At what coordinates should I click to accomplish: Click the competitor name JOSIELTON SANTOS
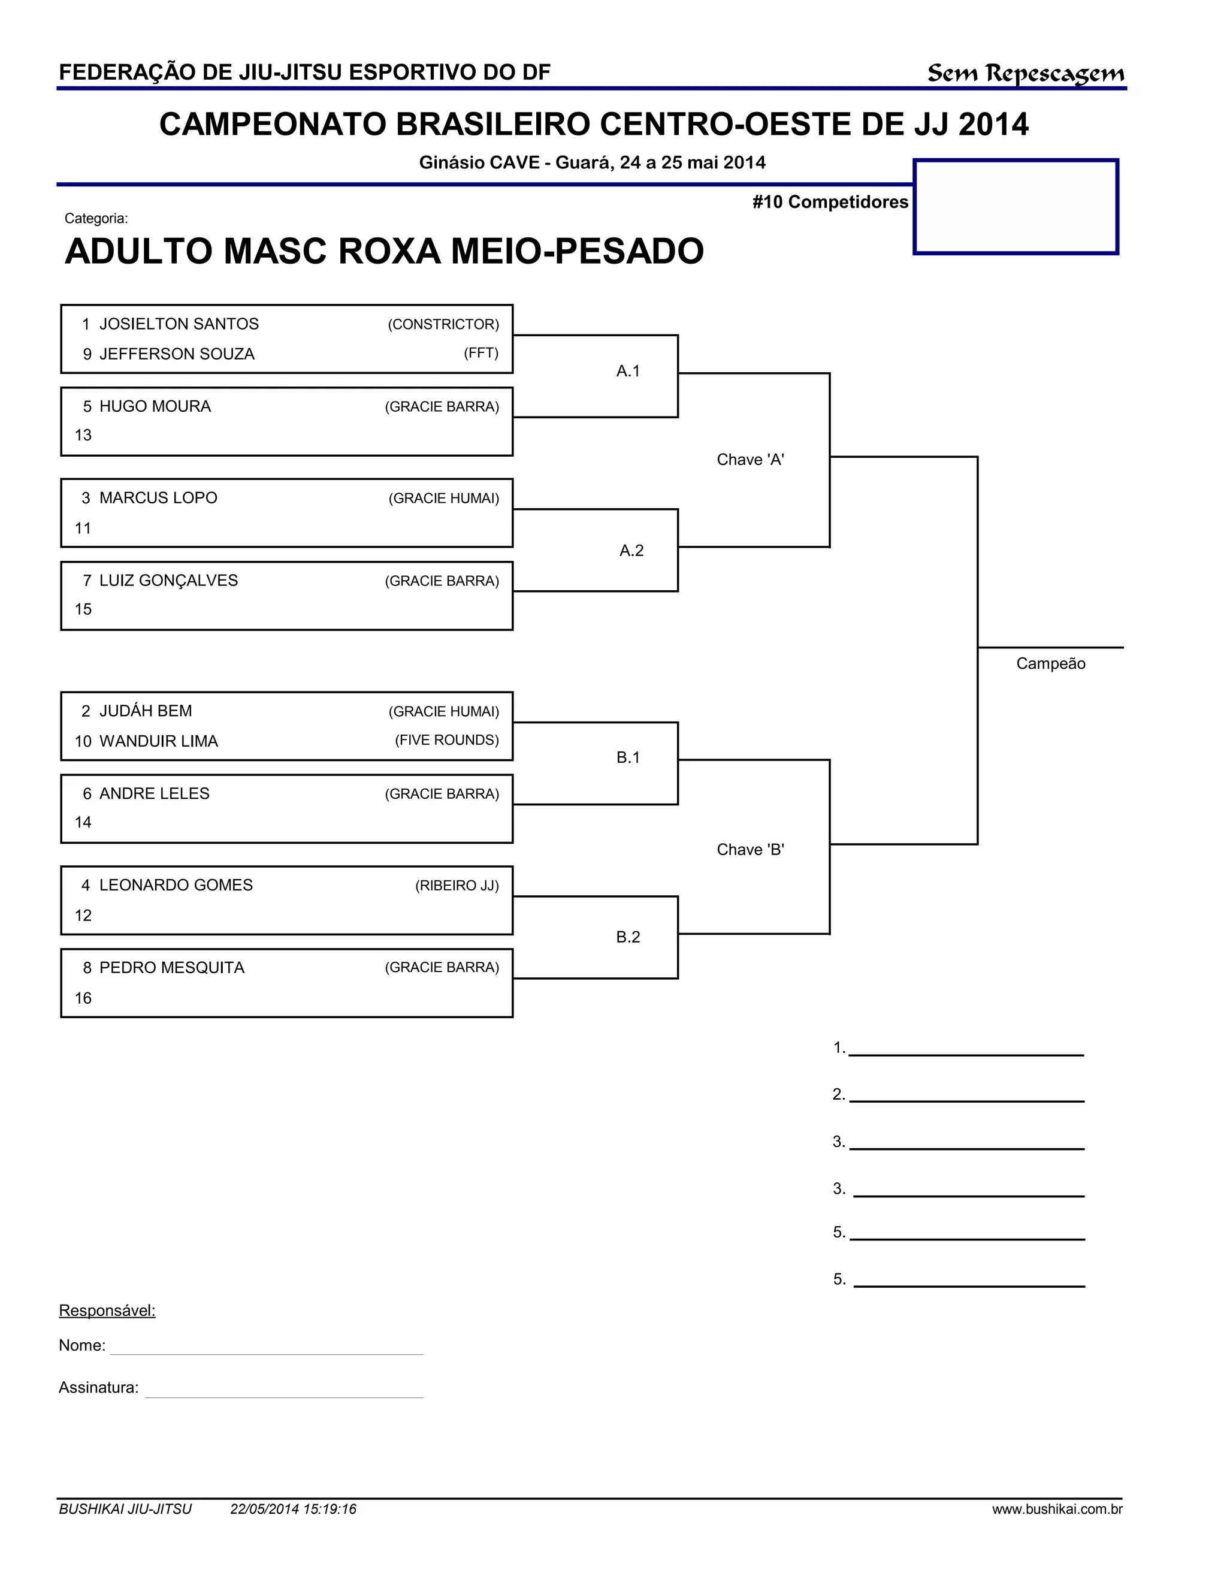pyautogui.click(x=179, y=324)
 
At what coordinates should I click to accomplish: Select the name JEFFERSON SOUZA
pyautogui.click(x=177, y=354)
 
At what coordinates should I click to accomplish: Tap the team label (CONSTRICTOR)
pyautogui.click(x=443, y=324)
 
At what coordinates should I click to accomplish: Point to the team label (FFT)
pyautogui.click(x=481, y=354)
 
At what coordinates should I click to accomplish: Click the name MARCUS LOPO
pyautogui.click(x=158, y=498)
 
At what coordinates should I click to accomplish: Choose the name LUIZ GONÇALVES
pyautogui.click(x=168, y=580)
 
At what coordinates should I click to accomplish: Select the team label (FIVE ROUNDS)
pyautogui.click(x=447, y=740)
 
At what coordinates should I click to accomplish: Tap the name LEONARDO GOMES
pyautogui.click(x=176, y=885)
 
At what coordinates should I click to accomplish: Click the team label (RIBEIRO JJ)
pyautogui.click(x=457, y=886)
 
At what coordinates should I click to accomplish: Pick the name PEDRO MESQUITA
pyautogui.click(x=171, y=968)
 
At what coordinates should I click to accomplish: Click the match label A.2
pyautogui.click(x=631, y=551)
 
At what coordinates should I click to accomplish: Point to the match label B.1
pyautogui.click(x=628, y=757)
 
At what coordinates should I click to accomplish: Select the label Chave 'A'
pyautogui.click(x=750, y=460)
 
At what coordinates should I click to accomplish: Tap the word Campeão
pyautogui.click(x=1050, y=663)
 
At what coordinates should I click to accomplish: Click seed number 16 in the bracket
pyautogui.click(x=84, y=998)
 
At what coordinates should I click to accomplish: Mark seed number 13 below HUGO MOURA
pyautogui.click(x=84, y=436)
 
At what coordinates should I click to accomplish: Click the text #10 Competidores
pyautogui.click(x=830, y=202)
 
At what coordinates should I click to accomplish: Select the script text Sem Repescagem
pyautogui.click(x=1026, y=74)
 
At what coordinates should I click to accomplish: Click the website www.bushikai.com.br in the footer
pyautogui.click(x=1057, y=1509)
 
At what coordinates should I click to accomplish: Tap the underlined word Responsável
pyautogui.click(x=107, y=1310)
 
